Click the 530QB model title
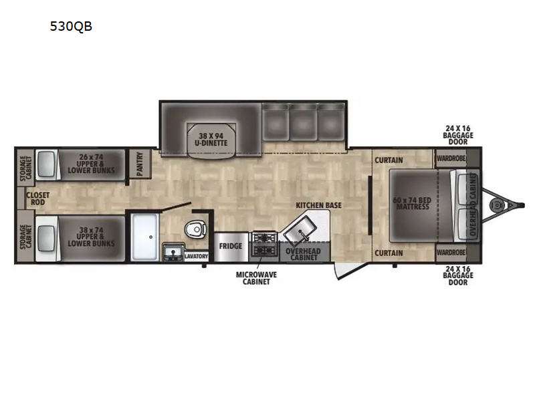tap(71, 26)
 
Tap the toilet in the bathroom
tap(195, 229)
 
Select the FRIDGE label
tap(231, 246)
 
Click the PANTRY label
tap(140, 164)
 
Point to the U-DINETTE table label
tap(211, 140)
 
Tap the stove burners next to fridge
tap(263, 244)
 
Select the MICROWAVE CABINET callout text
tap(256, 278)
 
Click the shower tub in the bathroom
tap(145, 237)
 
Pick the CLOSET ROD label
tap(38, 198)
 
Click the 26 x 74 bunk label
tap(91, 164)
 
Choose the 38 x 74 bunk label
tap(91, 237)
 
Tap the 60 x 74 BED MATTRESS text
tap(413, 203)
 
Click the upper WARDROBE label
tap(451, 158)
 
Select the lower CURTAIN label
tap(389, 253)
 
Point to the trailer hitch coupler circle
tap(496, 205)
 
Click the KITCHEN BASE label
tap(318, 205)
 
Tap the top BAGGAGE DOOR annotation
tap(458, 135)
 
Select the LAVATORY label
tap(196, 256)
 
